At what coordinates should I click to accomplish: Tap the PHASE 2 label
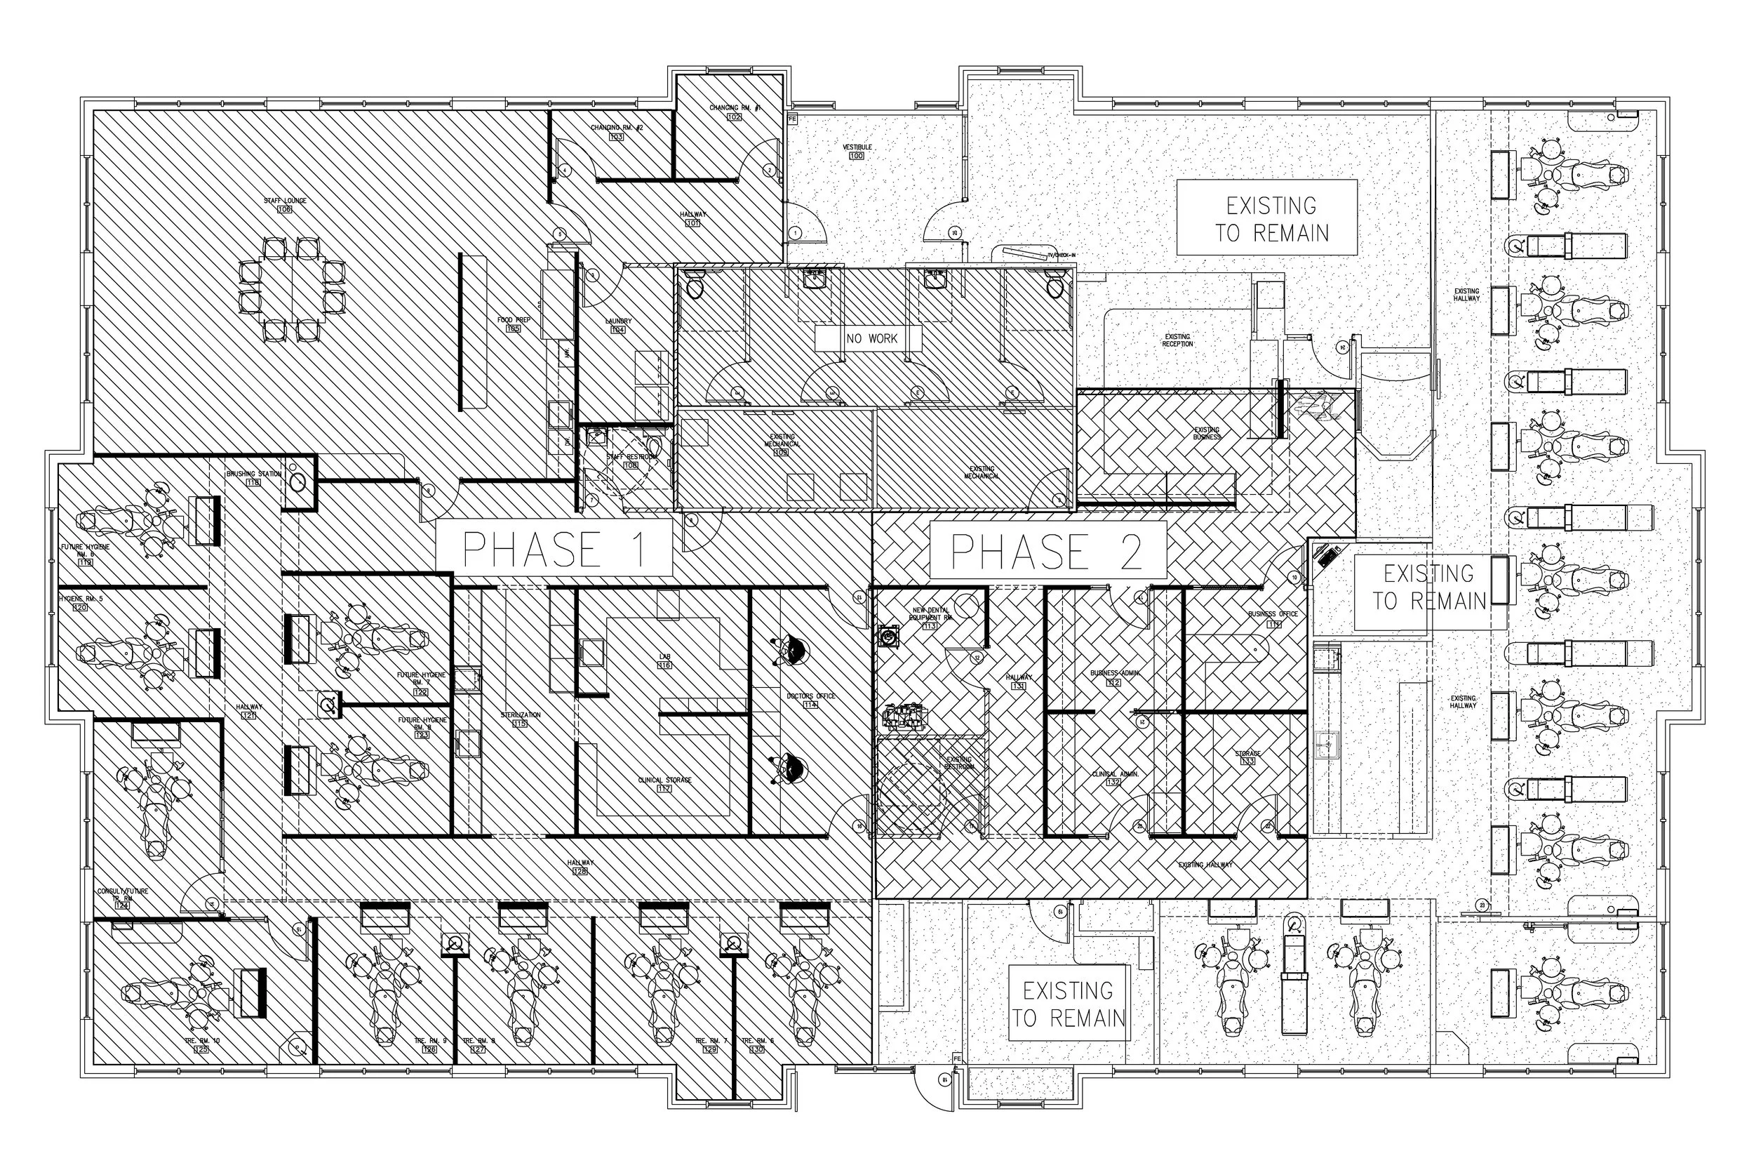click(1047, 551)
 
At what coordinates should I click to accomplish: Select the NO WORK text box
click(871, 339)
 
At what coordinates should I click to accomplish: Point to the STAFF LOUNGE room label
click(285, 204)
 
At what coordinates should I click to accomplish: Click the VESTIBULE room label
click(857, 152)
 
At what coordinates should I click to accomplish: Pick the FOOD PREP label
click(514, 324)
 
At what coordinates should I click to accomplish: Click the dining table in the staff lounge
click(292, 289)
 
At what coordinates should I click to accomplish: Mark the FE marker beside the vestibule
click(792, 119)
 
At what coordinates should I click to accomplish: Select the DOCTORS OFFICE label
click(810, 700)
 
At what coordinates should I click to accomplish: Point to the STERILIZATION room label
click(520, 719)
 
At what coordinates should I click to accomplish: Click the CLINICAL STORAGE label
click(664, 783)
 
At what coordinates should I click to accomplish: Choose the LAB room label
click(664, 660)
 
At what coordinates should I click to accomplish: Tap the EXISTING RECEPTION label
click(1177, 340)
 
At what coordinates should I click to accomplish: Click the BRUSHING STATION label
click(254, 477)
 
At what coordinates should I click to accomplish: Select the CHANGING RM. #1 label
click(735, 112)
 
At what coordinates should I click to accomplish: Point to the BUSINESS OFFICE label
click(1273, 618)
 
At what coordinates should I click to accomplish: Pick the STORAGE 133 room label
click(1247, 757)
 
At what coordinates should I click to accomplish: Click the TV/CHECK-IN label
click(1062, 255)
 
